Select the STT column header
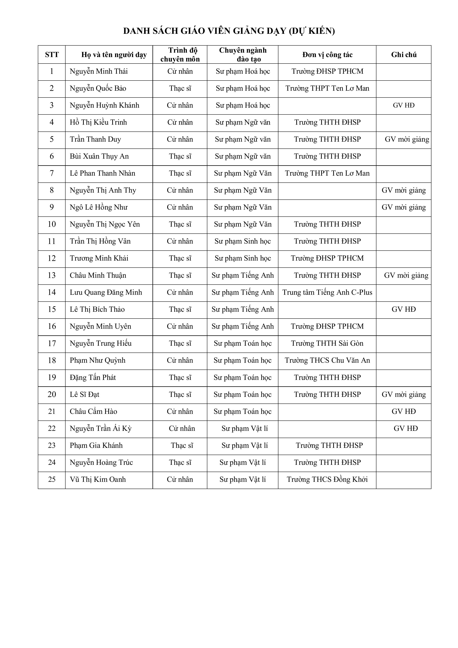(52, 54)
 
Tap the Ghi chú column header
(404, 54)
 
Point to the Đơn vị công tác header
(327, 54)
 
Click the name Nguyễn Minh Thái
(99, 71)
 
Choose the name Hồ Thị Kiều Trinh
(98, 122)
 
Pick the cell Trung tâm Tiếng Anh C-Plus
(327, 292)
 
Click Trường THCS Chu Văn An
(327, 360)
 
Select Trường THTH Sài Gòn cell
(327, 343)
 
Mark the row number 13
(52, 276)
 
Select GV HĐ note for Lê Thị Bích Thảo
(404, 309)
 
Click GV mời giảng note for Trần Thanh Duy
(407, 139)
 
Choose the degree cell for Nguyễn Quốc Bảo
(180, 88)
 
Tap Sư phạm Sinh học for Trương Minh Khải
(243, 258)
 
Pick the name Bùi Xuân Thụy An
(99, 156)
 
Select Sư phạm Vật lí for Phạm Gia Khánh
(244, 446)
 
